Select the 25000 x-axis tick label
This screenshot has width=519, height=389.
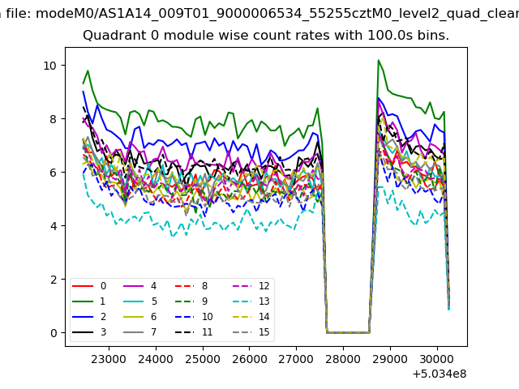point(202,357)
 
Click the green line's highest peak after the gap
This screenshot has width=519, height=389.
point(379,60)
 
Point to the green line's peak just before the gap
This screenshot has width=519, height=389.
point(317,108)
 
